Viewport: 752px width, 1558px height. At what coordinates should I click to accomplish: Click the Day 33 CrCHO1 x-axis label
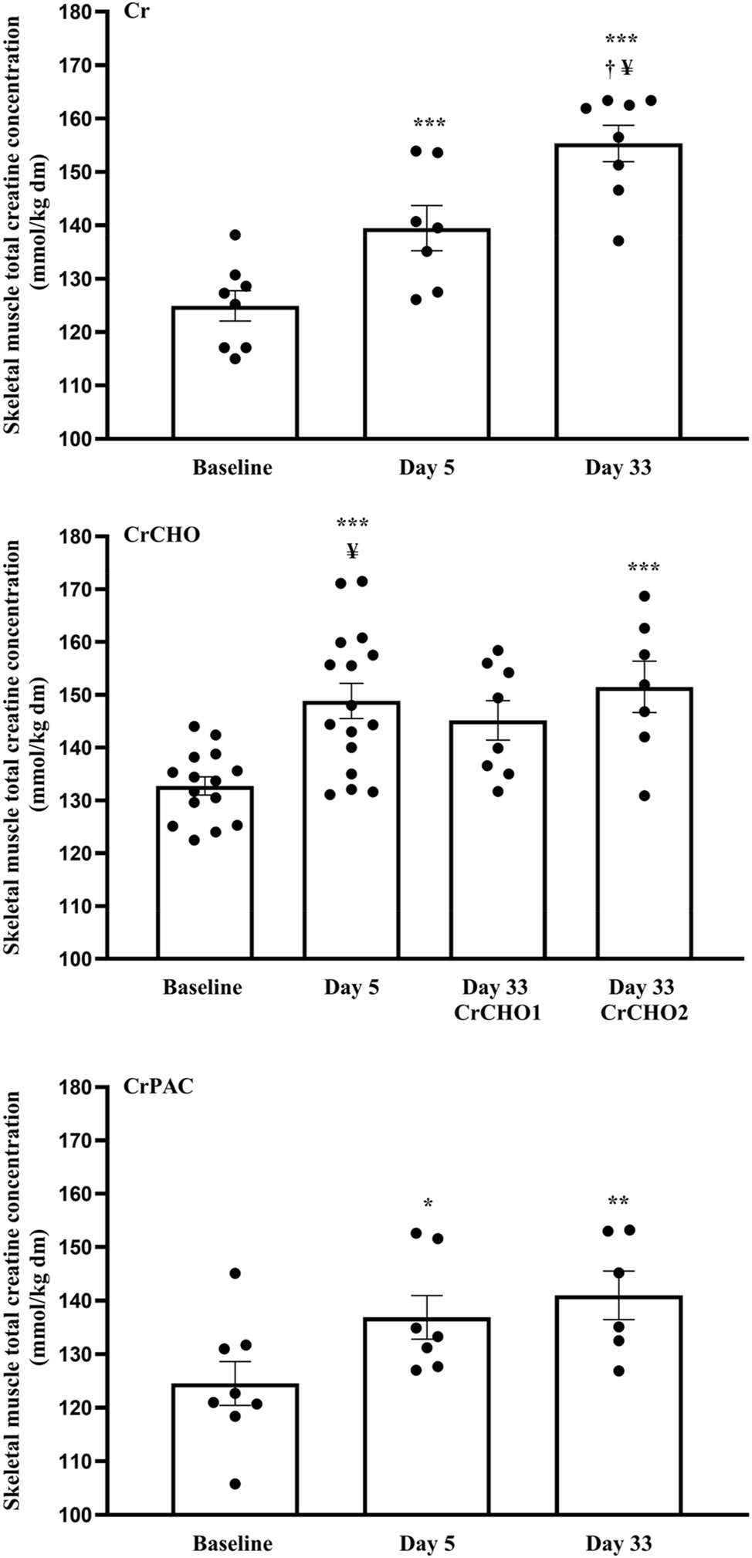(x=496, y=999)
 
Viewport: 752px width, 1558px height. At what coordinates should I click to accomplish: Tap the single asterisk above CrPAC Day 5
(x=427, y=1203)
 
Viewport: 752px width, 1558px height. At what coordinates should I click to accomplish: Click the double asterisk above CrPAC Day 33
(x=618, y=1201)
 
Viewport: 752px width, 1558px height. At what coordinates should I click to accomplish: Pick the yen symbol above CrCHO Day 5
(x=353, y=550)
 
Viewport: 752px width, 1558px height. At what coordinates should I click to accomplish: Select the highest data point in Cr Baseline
(x=235, y=234)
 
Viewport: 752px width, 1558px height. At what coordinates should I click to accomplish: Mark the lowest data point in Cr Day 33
(x=618, y=241)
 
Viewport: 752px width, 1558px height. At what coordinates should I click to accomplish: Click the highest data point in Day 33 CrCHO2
(x=645, y=596)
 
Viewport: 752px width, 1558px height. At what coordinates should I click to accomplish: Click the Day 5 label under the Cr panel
(x=427, y=468)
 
